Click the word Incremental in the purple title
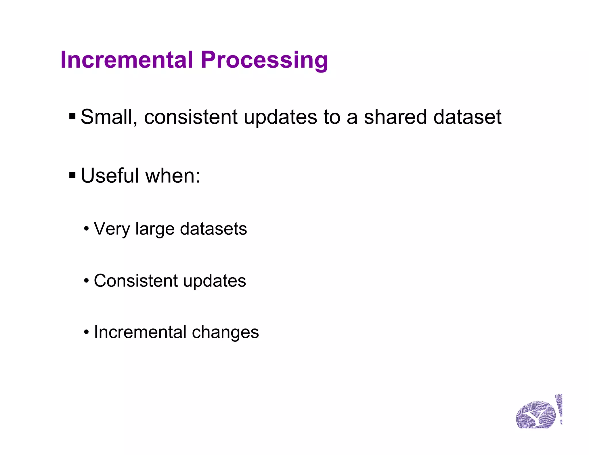[x=127, y=60]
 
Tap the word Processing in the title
[x=264, y=60]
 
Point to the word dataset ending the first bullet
[x=467, y=117]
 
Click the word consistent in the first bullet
[x=191, y=117]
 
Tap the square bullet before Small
[x=72, y=116]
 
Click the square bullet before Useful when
[x=72, y=175]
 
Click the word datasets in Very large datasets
[x=213, y=229]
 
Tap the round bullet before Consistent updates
[x=87, y=280]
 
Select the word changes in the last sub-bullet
[x=225, y=332]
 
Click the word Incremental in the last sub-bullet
[x=140, y=332]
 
